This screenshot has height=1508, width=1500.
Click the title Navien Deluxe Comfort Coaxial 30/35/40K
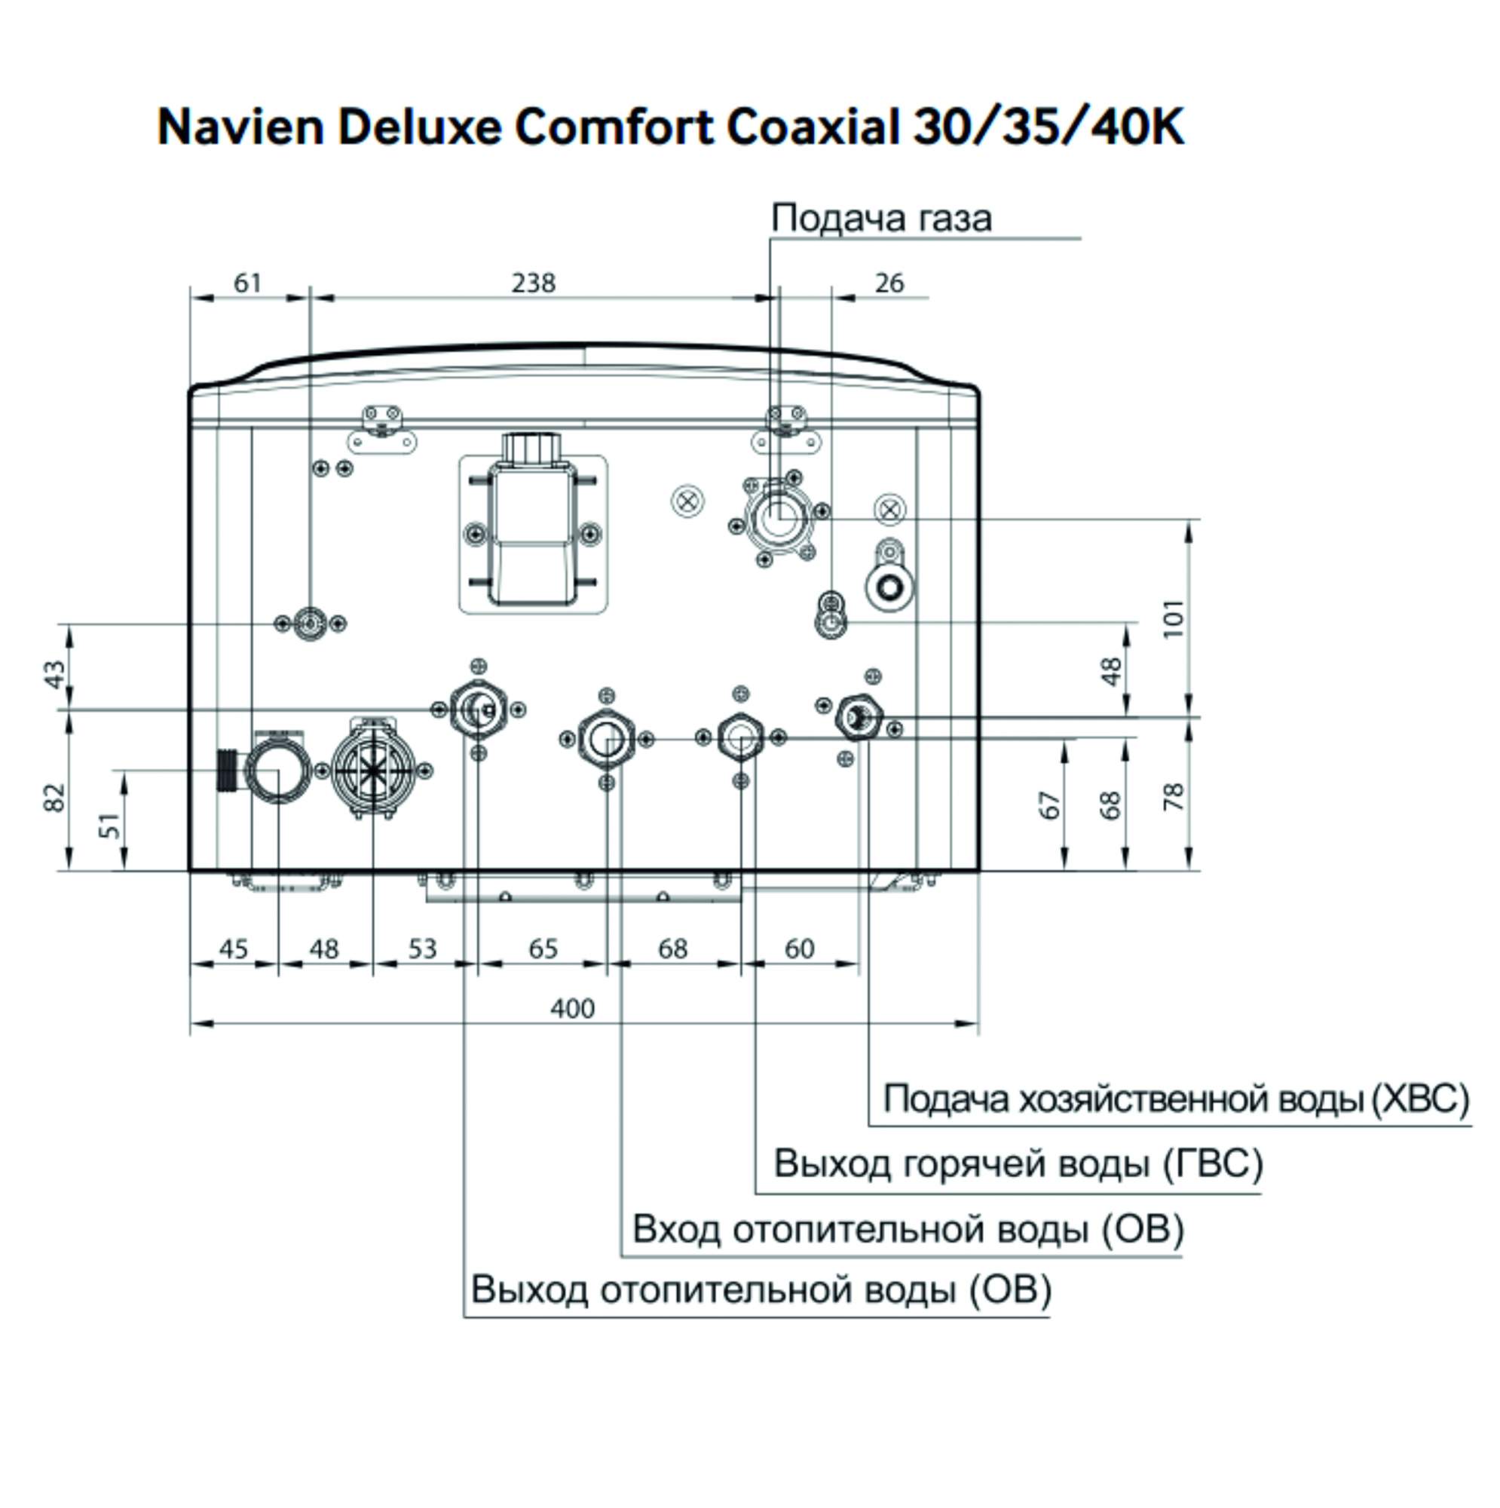(670, 127)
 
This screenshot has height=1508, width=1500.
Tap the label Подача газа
(880, 218)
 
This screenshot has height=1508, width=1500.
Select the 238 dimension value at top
(533, 283)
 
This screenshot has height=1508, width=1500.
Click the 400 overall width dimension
(572, 1010)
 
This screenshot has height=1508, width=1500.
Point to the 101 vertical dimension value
(1174, 618)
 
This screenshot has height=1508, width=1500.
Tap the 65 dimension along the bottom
(543, 949)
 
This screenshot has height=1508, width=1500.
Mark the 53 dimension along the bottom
(422, 949)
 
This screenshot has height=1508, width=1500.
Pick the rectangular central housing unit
(531, 535)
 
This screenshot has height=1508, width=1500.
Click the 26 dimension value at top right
(889, 283)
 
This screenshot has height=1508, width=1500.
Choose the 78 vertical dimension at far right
(1174, 796)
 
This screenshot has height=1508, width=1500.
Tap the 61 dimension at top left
(247, 283)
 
